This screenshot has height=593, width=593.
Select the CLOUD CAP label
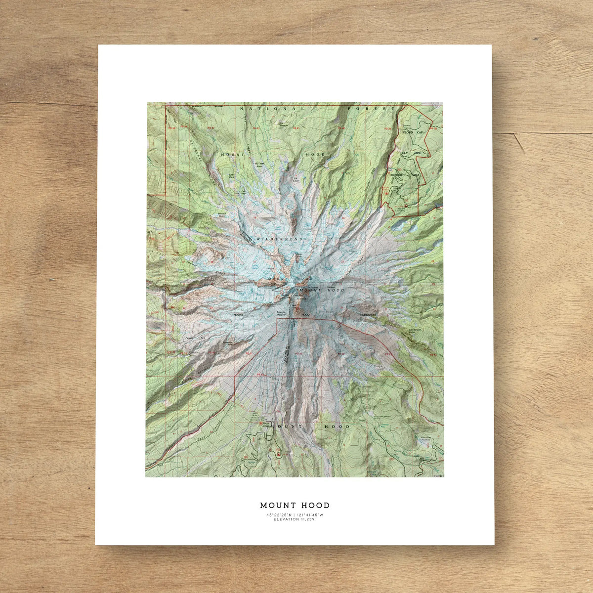click(414, 132)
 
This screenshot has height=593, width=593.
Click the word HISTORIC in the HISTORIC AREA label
click(397, 175)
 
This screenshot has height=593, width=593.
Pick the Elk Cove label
click(296, 179)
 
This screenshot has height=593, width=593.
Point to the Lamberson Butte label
click(416, 331)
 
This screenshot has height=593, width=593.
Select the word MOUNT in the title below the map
click(277, 506)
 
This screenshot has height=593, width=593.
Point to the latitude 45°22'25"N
click(278, 515)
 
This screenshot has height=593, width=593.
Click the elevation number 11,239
click(306, 519)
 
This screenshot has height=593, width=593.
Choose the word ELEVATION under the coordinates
click(285, 519)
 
